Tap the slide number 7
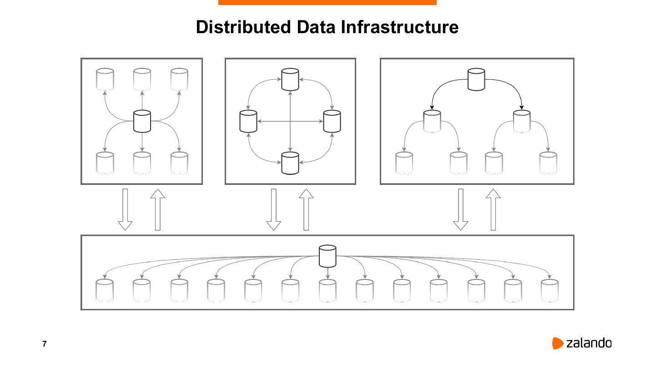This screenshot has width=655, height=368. (45, 344)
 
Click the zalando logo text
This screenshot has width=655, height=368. (589, 343)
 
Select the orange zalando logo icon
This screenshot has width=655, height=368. (558, 343)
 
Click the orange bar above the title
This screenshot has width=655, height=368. (327, 2)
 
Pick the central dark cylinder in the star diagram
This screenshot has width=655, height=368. (142, 121)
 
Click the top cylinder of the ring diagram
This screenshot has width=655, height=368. (290, 79)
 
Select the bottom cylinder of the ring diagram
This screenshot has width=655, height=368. (290, 163)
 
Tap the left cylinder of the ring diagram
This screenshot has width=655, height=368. (248, 121)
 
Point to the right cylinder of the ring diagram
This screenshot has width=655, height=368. (332, 121)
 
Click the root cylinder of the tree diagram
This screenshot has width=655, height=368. (476, 80)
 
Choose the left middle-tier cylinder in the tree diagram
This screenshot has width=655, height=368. (432, 121)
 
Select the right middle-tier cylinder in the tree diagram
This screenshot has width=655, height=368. (522, 121)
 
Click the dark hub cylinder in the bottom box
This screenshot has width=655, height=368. (327, 256)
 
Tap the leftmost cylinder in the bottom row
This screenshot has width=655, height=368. (105, 290)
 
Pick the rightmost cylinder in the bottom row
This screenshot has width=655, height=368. (549, 290)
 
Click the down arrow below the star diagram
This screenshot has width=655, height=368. (125, 209)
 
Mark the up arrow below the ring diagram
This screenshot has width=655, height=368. (306, 209)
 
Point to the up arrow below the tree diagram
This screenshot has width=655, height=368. (493, 209)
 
